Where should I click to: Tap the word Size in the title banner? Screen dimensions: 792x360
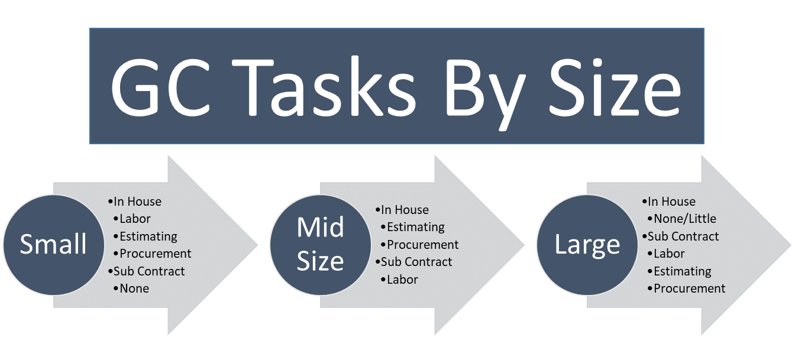[615, 87]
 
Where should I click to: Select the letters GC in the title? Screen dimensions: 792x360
[161, 87]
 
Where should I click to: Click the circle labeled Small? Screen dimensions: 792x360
[54, 245]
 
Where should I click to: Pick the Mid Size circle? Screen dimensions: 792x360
[321, 245]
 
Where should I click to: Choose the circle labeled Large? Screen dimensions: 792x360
[587, 245]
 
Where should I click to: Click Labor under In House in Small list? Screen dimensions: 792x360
[135, 219]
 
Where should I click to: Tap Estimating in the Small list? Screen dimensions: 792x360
[148, 236]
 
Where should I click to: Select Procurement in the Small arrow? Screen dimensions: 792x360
[155, 254]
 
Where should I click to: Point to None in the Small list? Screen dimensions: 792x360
[134, 288]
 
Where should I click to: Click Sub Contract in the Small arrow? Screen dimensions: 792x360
[149, 271]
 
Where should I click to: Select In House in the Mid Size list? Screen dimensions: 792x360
[405, 210]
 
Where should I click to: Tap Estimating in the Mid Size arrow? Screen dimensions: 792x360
[416, 227]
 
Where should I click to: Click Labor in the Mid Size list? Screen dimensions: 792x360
[402, 280]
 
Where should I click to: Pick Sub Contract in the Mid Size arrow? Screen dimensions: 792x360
[416, 262]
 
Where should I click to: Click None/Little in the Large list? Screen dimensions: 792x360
[685, 219]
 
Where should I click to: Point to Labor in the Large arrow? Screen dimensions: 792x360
[670, 254]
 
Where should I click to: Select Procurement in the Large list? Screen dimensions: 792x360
[690, 288]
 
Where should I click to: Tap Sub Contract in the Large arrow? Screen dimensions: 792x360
[683, 236]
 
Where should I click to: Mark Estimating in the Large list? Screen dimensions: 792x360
[683, 271]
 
